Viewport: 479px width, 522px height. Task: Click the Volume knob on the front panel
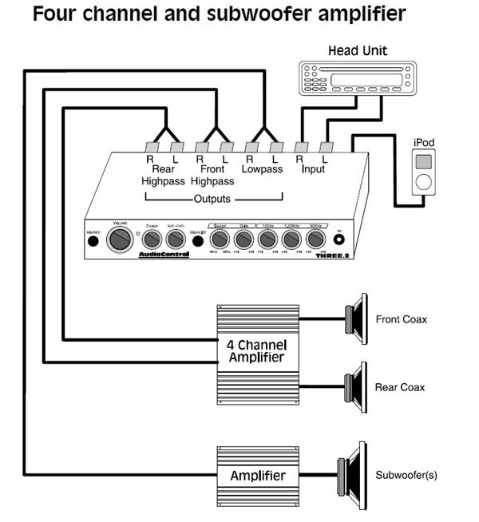[121, 239]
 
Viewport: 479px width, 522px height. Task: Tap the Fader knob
[151, 239]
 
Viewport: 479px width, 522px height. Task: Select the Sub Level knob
[176, 239]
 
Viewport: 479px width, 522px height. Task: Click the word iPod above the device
[424, 142]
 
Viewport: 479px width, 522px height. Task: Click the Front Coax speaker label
[401, 319]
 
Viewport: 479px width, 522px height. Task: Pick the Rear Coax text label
[399, 387]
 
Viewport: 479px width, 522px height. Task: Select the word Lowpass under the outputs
[263, 169]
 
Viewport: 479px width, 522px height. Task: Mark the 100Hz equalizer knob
[315, 239]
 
